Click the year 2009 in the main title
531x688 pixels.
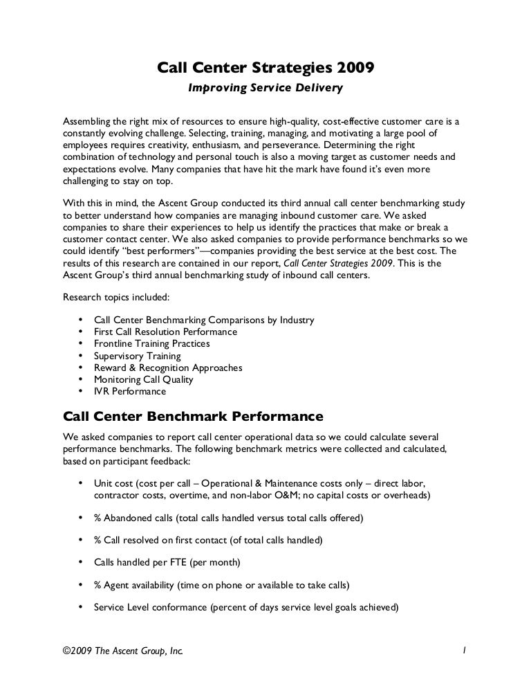356,69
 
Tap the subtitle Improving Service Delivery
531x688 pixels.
266,89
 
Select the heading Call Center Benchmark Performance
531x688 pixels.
193,417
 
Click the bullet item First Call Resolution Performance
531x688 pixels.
165,332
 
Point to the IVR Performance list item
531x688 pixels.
130,392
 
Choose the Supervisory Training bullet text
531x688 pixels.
137,356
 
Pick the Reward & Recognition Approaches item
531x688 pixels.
168,368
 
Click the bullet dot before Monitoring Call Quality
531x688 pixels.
81,379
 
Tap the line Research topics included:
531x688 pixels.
111,299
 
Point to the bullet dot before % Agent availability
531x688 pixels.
81,586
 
